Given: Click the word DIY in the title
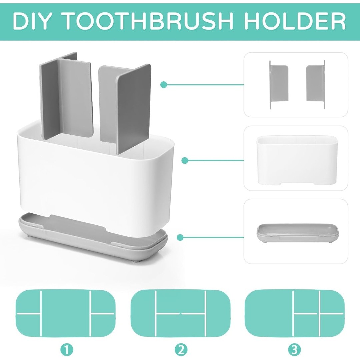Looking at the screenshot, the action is point(31,21).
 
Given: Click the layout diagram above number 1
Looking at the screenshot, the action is point(65,313).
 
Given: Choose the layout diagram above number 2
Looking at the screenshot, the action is point(180,313).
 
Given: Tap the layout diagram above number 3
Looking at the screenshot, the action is point(295,313).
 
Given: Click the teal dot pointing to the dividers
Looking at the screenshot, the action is point(163,84).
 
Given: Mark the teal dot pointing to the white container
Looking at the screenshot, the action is point(185,160).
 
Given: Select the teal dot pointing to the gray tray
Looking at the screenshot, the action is point(180,237).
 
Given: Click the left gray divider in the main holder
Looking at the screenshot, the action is point(67,96).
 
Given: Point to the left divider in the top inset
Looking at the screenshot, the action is point(279,84).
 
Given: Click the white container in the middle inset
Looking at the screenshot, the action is point(297,160).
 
